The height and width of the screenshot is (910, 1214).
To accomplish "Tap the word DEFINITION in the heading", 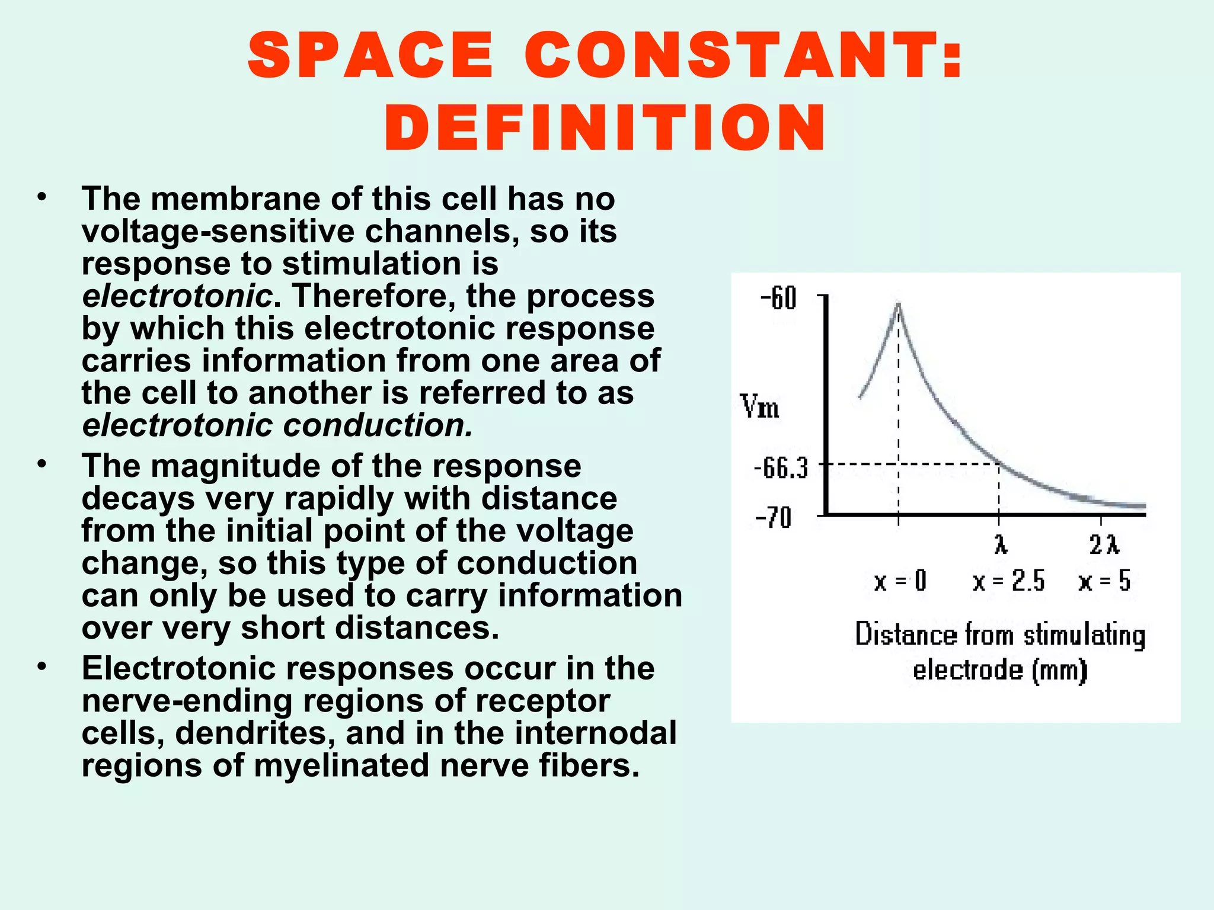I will pos(605,128).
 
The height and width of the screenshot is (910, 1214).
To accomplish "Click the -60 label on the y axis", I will pos(778,299).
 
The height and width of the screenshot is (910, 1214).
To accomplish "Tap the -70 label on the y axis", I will pos(774,518).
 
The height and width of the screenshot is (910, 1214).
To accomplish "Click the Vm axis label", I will pos(760,408).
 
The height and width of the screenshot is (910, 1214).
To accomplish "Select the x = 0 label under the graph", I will pos(900,581).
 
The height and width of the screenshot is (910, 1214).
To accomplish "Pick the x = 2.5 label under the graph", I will pos(1008,581).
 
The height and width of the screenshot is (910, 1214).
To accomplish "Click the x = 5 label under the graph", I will pos(1104,581).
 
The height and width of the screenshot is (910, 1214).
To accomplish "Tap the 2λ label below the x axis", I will pos(1104,544).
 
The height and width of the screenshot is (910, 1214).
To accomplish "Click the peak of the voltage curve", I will pos(899,303).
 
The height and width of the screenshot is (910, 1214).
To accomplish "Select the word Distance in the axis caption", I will pos(906,635).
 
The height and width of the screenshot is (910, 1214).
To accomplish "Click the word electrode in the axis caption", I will pos(968,670).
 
